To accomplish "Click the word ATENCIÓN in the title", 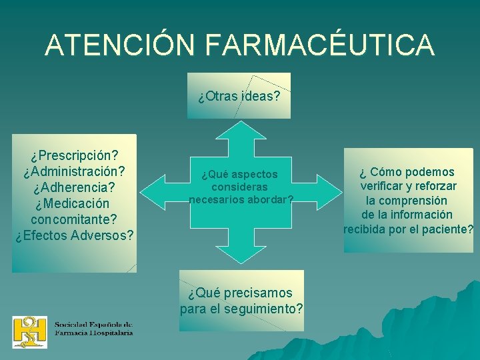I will [120, 45].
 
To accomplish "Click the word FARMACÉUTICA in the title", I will [320, 45].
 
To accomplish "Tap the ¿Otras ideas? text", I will [239, 96].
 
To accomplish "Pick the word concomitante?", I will [74, 219].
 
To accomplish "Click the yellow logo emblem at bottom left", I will [30, 331].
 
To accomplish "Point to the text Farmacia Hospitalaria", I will [94, 332].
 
